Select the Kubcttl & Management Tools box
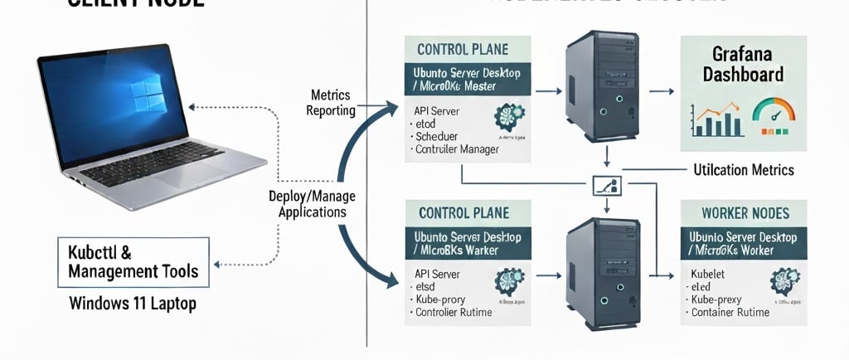pos(133,260)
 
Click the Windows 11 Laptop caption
pos(133,304)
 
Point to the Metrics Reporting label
pos(332,103)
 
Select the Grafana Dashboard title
pos(743,65)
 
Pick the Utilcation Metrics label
pos(743,170)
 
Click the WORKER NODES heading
pos(744,213)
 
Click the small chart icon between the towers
pos(609,185)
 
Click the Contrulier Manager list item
pos(457,149)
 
